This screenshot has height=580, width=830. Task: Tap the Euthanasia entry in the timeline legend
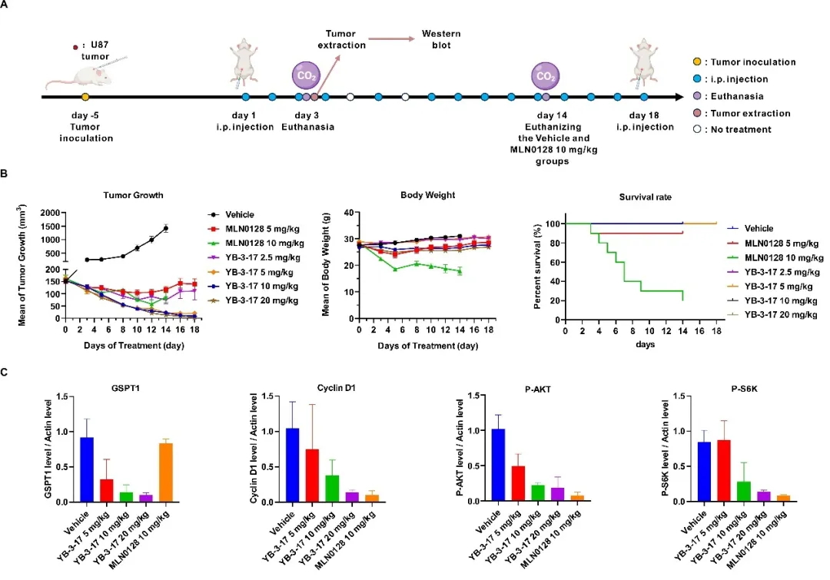coord(739,96)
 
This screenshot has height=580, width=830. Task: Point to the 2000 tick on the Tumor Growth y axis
coord(51,212)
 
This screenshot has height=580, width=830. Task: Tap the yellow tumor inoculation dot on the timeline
coord(85,98)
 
